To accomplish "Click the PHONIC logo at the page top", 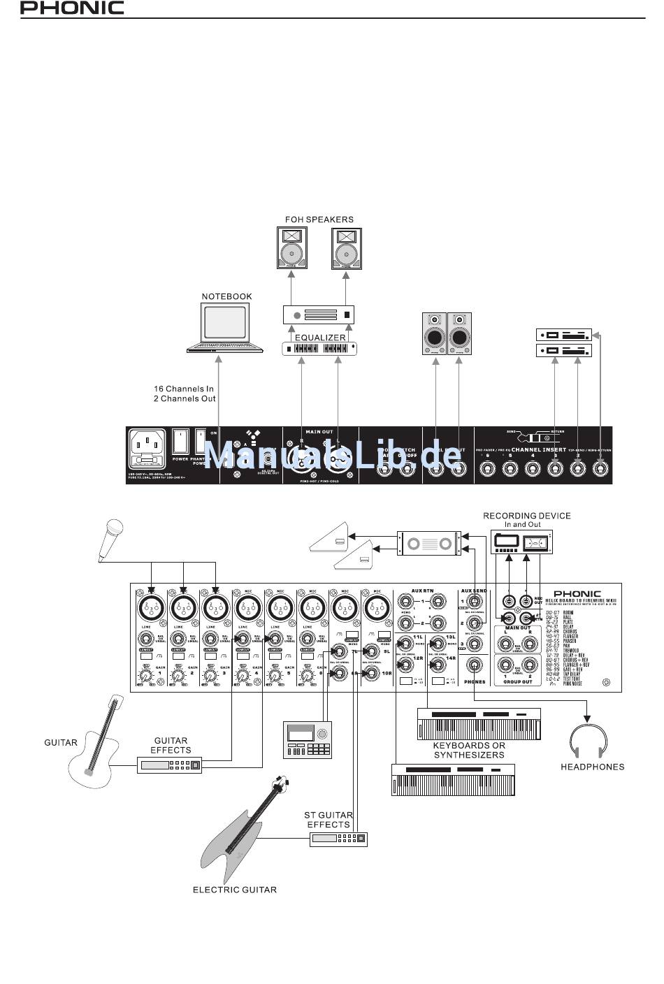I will [72, 8].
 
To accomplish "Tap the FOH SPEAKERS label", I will [319, 219].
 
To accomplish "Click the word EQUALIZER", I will [319, 338].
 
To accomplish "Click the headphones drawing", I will [589, 741].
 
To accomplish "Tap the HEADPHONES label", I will [592, 767].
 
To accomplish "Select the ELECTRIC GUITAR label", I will [235, 890].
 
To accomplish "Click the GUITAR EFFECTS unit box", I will [171, 765].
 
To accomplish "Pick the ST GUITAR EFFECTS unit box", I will [338, 839].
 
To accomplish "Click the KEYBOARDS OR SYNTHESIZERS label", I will [469, 750].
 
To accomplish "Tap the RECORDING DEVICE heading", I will [526, 516].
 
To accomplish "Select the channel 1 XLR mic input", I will [150, 607].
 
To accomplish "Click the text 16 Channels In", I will [184, 389].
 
